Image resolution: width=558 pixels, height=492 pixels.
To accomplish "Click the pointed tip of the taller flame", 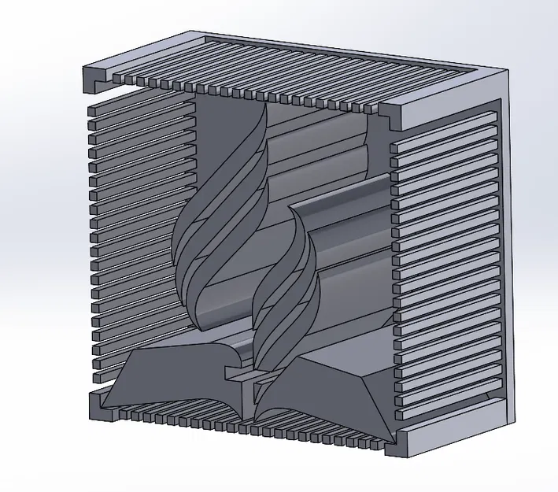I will [265, 105].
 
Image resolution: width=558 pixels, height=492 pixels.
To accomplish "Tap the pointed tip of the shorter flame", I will [293, 208].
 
